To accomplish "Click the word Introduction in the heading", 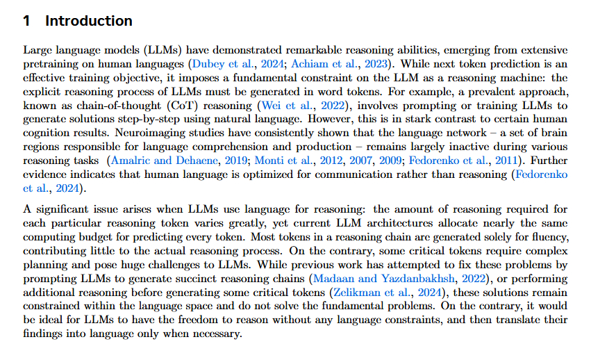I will [89, 21].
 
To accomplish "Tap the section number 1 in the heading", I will [27, 21].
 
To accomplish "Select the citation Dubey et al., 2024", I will [231, 64].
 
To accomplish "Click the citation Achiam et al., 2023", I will [326, 64].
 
